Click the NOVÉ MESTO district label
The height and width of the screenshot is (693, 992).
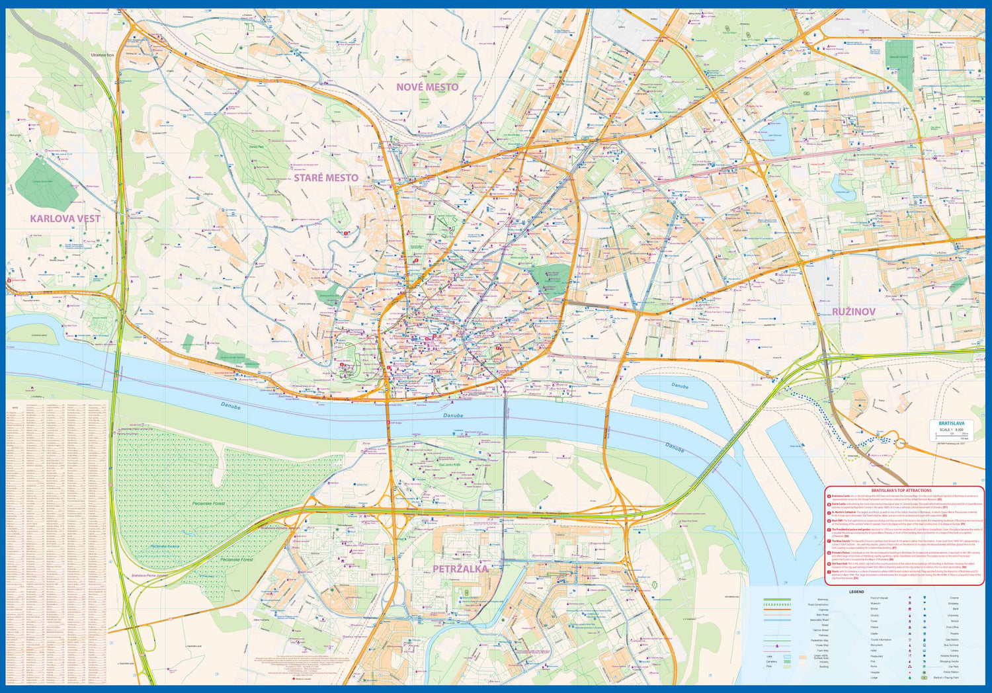tap(427, 87)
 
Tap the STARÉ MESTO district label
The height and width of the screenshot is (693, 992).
tap(326, 177)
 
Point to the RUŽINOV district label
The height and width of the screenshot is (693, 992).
tap(854, 311)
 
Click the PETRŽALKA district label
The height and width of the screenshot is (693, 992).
tap(460, 568)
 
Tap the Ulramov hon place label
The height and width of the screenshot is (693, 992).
tap(103, 55)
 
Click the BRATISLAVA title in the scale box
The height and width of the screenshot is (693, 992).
tap(951, 423)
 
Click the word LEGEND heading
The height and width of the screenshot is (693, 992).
tap(856, 592)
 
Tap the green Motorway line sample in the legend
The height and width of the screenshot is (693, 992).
tap(777, 599)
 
